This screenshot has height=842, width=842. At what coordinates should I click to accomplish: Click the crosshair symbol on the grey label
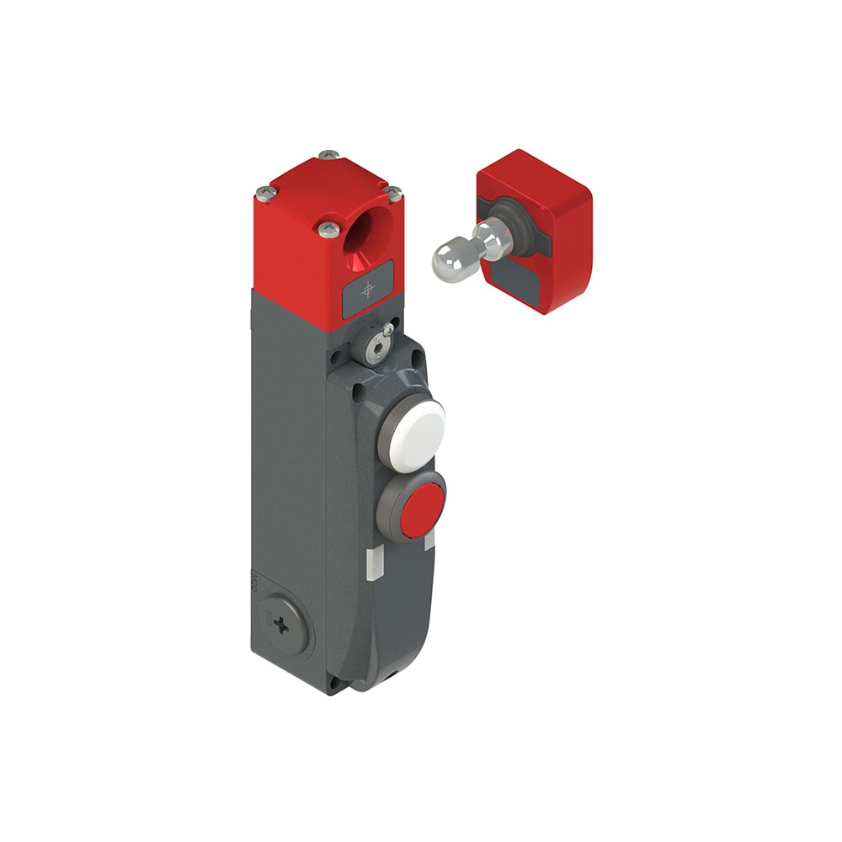367,290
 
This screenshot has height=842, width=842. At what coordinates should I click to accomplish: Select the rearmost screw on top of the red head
329,156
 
